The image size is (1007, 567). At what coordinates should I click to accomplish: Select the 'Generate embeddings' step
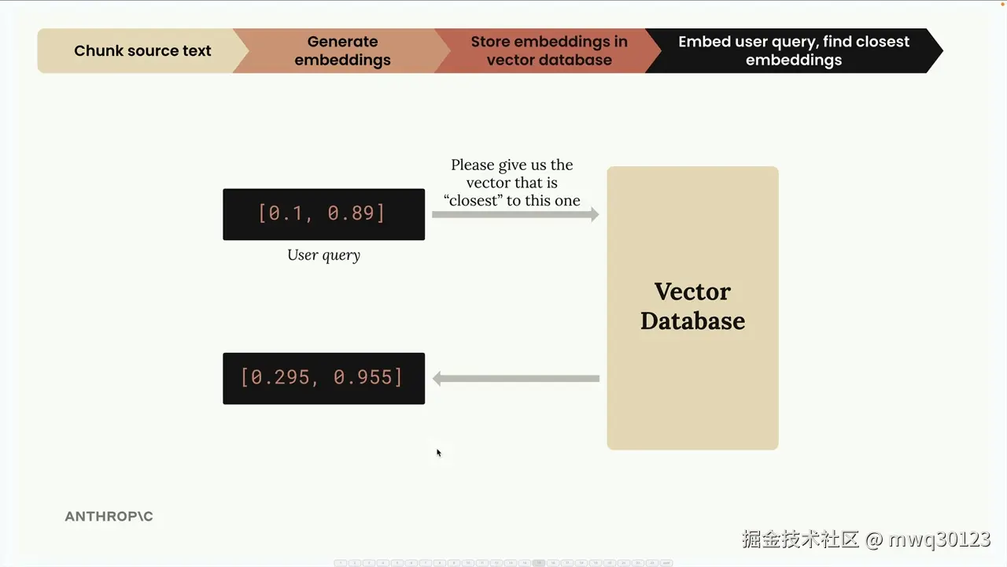342,51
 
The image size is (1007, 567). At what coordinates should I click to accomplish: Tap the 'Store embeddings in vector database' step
549,51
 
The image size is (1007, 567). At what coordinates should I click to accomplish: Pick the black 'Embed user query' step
794,51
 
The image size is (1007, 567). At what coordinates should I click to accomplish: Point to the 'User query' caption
323,255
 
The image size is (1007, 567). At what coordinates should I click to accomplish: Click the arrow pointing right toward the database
515,215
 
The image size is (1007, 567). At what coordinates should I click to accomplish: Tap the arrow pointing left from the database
515,379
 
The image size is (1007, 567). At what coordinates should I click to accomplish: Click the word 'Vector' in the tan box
692,291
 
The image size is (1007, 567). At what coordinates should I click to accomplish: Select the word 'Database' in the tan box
693,321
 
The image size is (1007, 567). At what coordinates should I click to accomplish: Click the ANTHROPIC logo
109,516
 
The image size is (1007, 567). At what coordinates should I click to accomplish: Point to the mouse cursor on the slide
439,453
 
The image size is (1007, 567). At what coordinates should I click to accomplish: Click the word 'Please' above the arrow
473,165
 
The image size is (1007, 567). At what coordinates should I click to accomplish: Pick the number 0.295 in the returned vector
281,377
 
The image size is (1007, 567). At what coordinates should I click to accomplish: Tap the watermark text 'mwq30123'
939,539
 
